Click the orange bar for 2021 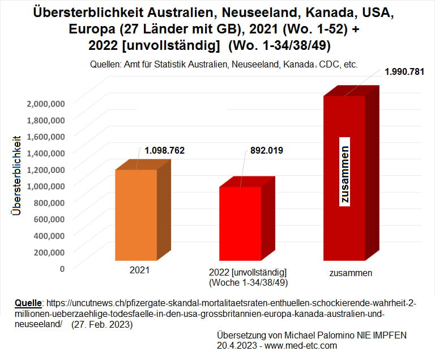click(136, 215)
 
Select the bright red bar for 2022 click(240, 224)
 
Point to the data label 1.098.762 click(165, 151)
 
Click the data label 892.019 click(267, 151)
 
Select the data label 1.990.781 click(404, 72)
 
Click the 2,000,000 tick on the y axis click(46, 103)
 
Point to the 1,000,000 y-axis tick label click(46, 185)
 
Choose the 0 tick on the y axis click(62, 268)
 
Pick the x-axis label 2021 click(139, 270)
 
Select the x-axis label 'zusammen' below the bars click(351, 273)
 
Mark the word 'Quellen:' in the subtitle click(106, 65)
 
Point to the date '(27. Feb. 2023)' click(103, 324)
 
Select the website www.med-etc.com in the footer click(302, 345)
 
